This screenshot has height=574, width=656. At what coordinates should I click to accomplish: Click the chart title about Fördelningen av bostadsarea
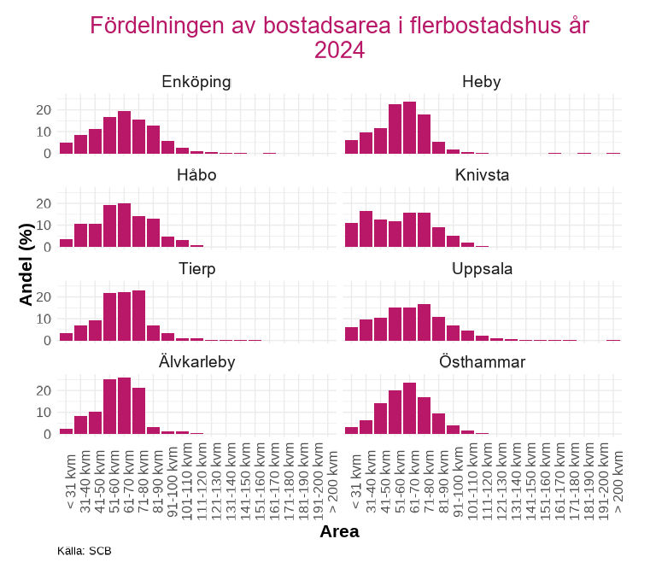tap(340, 38)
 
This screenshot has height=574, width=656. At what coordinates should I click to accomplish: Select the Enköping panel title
tap(196, 82)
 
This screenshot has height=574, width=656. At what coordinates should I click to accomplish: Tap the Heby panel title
tap(481, 82)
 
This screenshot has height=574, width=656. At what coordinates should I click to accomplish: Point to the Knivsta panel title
tap(481, 176)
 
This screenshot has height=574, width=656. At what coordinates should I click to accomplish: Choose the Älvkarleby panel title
tap(196, 362)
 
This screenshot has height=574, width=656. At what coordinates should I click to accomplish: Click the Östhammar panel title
tap(481, 362)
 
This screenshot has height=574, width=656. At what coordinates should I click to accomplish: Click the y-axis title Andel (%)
tap(26, 263)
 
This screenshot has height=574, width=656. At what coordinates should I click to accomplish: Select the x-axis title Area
tap(339, 531)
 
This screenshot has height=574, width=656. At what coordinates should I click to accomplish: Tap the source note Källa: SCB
tap(85, 551)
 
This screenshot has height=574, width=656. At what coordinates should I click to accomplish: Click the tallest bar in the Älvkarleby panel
tap(124, 406)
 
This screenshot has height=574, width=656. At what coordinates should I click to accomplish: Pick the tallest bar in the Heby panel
tap(409, 128)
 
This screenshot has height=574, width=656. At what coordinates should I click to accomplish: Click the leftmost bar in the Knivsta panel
tap(351, 235)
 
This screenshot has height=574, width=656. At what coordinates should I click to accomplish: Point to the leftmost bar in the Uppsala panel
tap(351, 334)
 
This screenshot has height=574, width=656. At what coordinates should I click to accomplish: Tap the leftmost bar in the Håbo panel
tap(66, 243)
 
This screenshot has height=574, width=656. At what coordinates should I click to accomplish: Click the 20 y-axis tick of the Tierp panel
tap(47, 296)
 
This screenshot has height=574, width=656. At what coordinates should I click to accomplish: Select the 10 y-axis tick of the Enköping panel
tap(47, 132)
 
